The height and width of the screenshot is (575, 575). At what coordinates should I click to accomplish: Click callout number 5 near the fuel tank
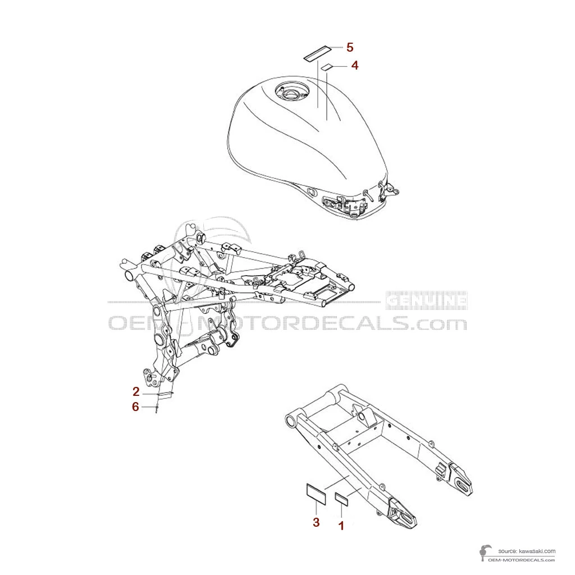click(350, 47)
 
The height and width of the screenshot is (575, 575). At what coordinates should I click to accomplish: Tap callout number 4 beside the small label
click(354, 66)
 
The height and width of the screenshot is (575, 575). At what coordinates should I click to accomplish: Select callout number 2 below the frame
click(136, 391)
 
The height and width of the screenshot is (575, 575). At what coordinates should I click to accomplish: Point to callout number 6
click(135, 407)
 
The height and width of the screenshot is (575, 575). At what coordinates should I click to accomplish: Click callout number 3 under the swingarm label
click(316, 523)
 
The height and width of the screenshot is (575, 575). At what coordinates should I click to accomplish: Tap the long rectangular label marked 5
click(317, 54)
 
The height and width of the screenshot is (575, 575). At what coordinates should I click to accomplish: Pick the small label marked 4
click(326, 68)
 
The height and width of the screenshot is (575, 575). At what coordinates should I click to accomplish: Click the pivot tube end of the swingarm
click(290, 420)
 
